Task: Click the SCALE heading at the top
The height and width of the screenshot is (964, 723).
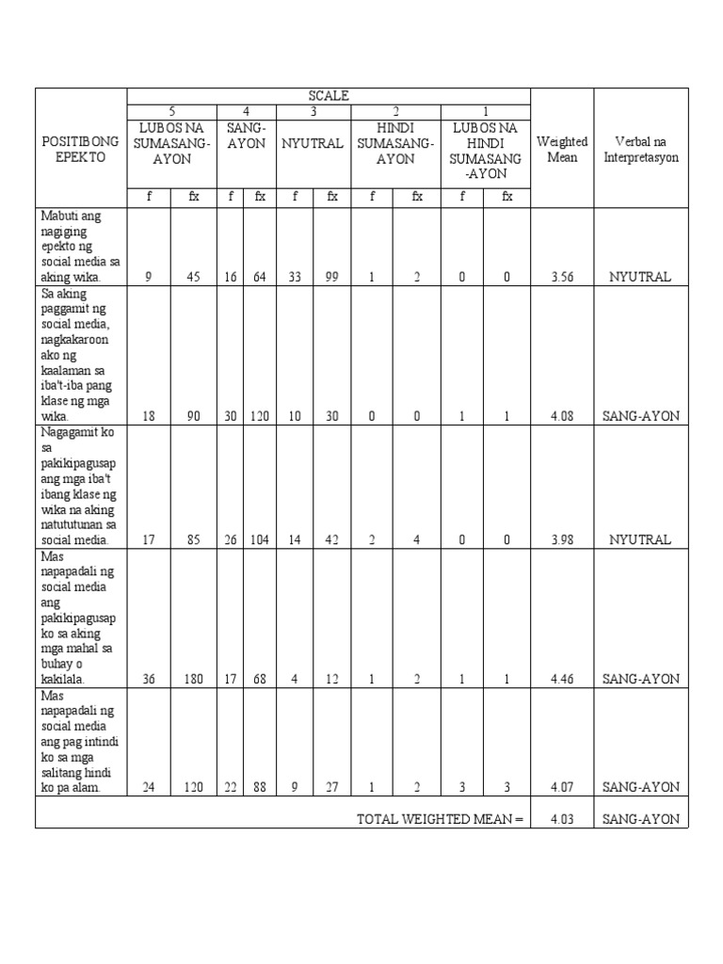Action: pos(329,95)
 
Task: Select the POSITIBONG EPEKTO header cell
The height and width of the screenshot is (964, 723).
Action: pos(80,149)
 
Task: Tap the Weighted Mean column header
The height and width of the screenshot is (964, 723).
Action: pos(562,149)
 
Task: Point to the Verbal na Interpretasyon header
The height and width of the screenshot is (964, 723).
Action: pos(641,149)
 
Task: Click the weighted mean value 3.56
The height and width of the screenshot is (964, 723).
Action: pos(562,278)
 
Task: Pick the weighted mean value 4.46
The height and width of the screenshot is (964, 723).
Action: pos(562,679)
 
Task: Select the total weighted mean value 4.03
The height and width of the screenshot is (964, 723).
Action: pos(562,819)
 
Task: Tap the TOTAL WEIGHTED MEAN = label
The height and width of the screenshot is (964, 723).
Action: pos(439,819)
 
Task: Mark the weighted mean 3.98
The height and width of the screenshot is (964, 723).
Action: pos(562,539)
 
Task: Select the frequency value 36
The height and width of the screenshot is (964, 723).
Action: pos(149,679)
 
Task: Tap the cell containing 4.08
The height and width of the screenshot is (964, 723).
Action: pos(562,416)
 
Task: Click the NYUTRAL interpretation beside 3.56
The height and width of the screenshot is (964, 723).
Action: pos(640,278)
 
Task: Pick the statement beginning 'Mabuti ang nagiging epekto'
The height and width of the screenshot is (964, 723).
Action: pos(80,247)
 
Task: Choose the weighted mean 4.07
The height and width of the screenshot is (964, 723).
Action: pos(562,788)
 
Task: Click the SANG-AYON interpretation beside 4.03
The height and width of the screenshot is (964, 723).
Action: pos(640,819)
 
